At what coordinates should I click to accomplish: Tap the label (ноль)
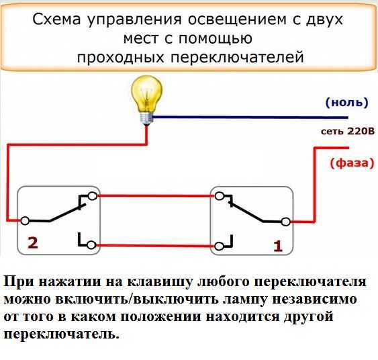tap(346, 103)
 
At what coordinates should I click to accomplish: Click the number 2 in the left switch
tap(31, 242)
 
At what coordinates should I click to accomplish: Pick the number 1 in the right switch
tap(278, 246)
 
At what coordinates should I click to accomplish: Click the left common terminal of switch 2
tap(25, 220)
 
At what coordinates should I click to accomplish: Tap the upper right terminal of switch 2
tap(92, 196)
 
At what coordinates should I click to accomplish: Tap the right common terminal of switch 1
tap(285, 220)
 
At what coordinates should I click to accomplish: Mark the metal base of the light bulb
tap(144, 117)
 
